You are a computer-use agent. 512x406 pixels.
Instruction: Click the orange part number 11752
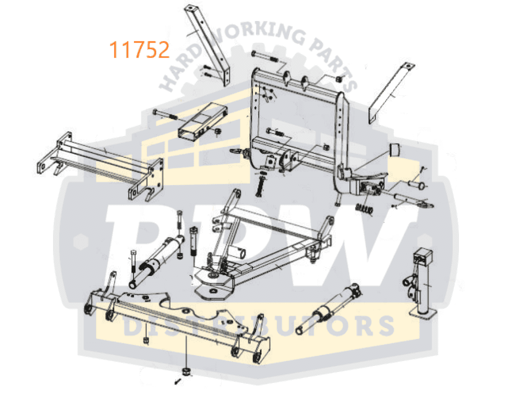[x=139, y=49]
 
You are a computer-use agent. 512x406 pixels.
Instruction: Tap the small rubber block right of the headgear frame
[x=394, y=150]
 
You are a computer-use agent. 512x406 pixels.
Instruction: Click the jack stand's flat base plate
[x=423, y=313]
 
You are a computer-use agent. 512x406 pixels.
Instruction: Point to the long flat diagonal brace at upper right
[x=391, y=93]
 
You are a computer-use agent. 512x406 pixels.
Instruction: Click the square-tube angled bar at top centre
[x=207, y=44]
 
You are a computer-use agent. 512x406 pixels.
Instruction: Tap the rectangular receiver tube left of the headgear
[x=202, y=121]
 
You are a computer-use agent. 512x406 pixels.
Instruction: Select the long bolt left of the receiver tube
[x=165, y=114]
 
